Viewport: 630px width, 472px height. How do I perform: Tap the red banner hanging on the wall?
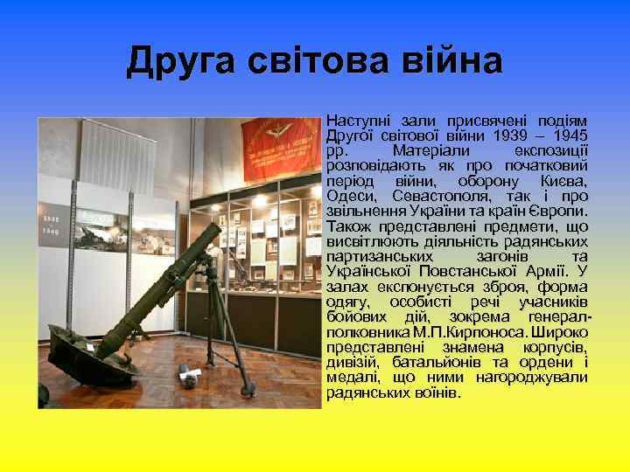click(277, 144)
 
